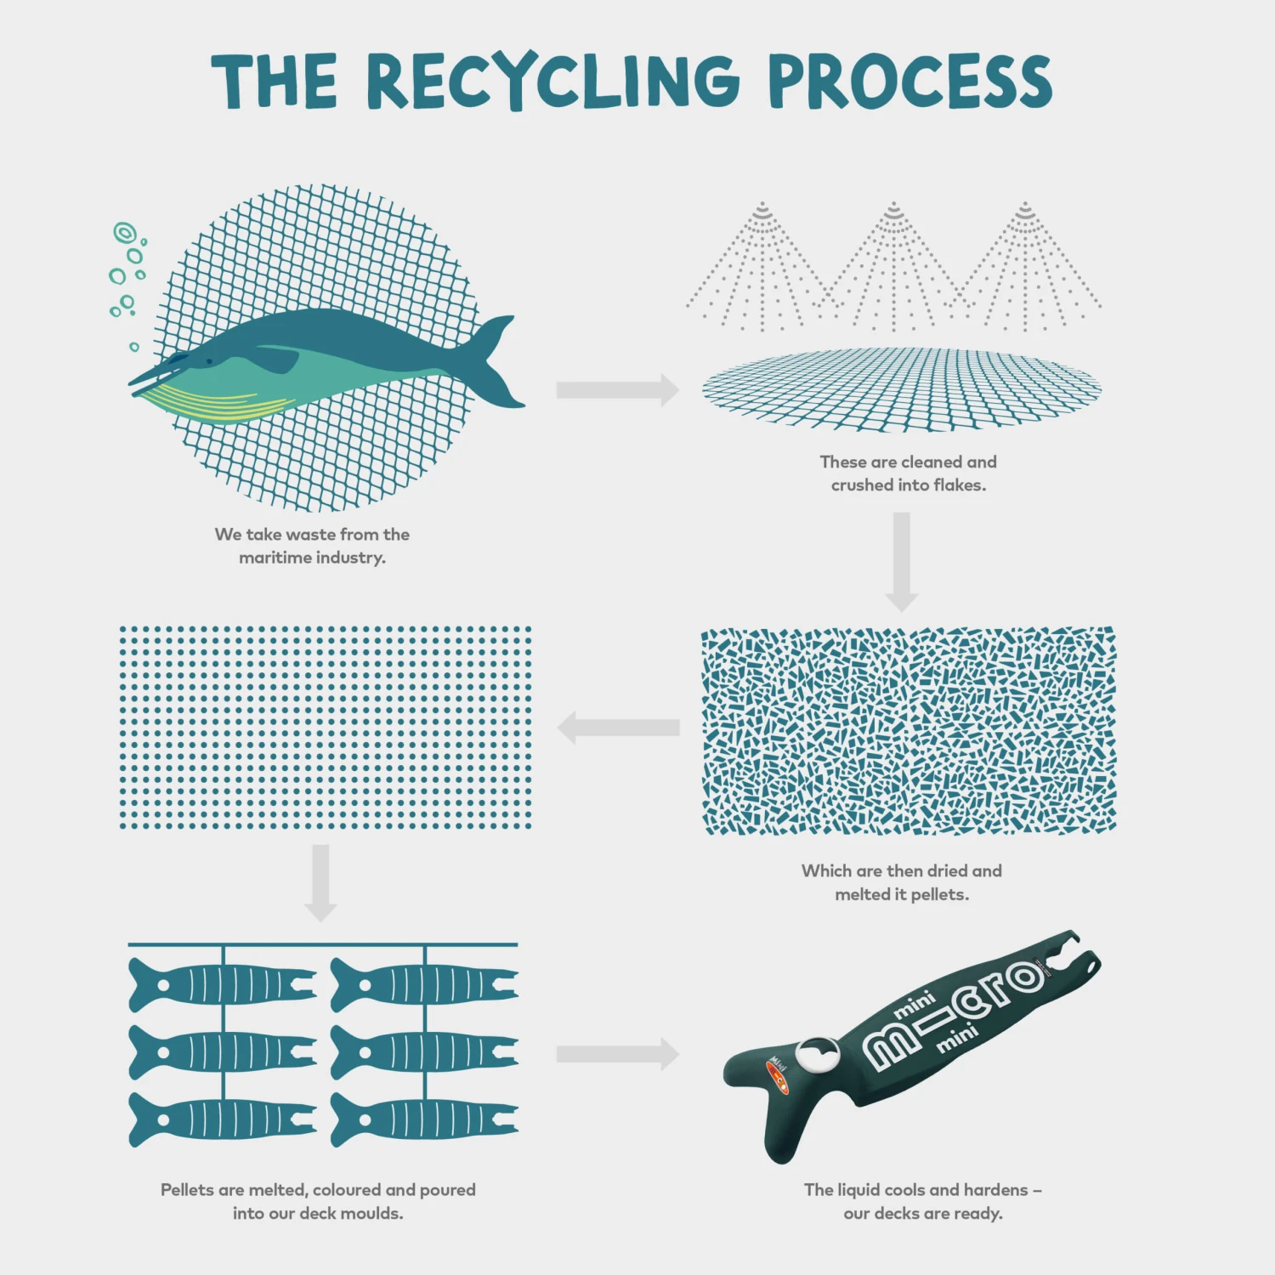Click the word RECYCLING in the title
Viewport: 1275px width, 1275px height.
(553, 82)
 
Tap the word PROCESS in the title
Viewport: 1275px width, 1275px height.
(909, 82)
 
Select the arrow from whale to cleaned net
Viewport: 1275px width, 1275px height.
(617, 390)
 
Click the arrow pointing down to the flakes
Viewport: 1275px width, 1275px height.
(902, 561)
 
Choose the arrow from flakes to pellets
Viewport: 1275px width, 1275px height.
(618, 728)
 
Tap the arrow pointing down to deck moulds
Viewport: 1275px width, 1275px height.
(320, 882)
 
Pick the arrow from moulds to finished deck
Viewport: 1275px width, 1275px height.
(617, 1054)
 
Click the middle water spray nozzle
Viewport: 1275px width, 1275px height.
(893, 209)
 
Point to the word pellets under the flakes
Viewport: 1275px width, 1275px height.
(939, 894)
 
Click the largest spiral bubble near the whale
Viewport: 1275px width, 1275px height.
(125, 231)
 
